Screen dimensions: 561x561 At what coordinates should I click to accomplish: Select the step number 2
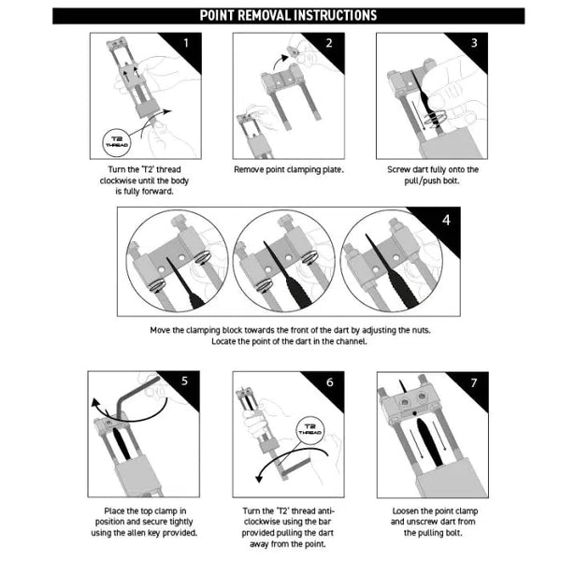pos(329,43)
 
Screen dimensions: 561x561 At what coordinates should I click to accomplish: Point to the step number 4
pos(445,221)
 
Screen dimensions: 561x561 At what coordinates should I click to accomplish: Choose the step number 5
pos(185,381)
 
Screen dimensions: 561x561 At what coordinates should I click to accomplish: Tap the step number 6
pos(329,381)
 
